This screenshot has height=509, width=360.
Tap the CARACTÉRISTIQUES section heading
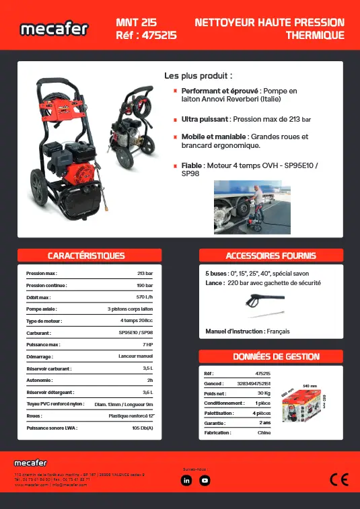coord(86,256)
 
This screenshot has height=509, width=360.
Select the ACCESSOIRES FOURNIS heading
coord(271,256)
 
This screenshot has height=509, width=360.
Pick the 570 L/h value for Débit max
coord(144,297)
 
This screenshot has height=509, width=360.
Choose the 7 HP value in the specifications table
coord(148,344)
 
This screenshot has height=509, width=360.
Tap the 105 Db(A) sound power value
coord(142,428)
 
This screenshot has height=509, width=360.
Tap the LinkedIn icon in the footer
coord(187,480)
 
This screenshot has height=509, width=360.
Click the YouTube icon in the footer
coord(205,480)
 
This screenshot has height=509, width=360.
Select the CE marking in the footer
coord(338,479)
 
